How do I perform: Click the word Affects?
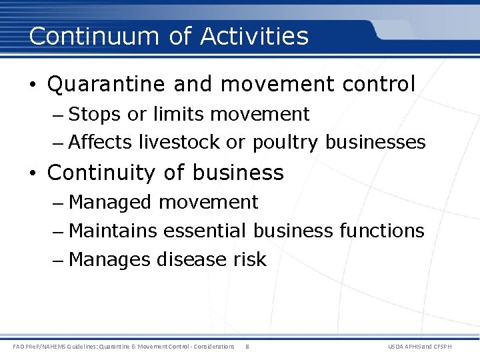tap(101, 143)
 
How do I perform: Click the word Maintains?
tap(113, 231)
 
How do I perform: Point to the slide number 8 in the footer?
tap(247, 347)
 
